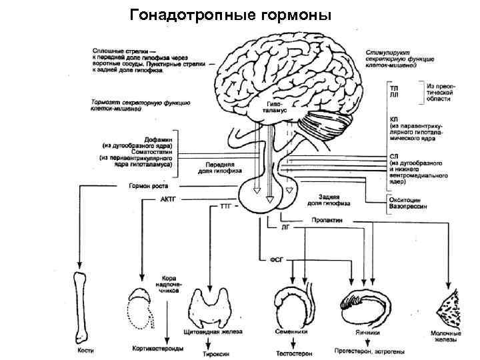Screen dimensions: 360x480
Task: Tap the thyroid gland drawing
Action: point(212,307)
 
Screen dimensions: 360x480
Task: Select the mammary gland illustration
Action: point(445,307)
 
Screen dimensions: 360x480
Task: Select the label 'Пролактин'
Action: point(325,219)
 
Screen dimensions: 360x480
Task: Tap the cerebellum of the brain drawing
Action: point(327,127)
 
